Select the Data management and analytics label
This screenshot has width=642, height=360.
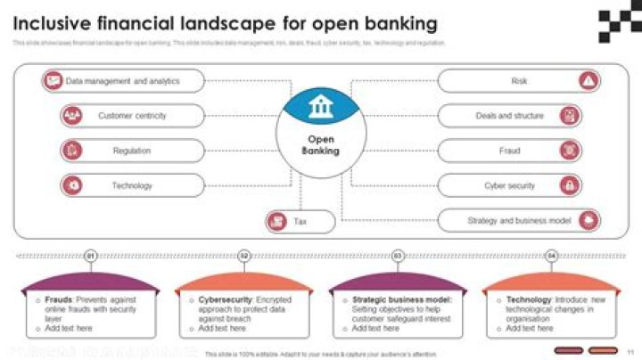123,81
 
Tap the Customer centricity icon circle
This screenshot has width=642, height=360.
72,116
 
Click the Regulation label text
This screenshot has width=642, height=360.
131,151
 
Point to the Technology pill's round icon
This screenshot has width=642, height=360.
72,185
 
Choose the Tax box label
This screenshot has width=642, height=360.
300,221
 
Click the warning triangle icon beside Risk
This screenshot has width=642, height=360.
588,81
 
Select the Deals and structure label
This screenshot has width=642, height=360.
509,116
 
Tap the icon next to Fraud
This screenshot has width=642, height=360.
569,151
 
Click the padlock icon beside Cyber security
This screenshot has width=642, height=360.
569,185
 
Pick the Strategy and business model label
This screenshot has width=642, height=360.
519,220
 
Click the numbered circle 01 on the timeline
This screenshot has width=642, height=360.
90,256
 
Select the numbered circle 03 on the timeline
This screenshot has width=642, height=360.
398,256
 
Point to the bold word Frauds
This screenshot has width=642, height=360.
59,300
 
